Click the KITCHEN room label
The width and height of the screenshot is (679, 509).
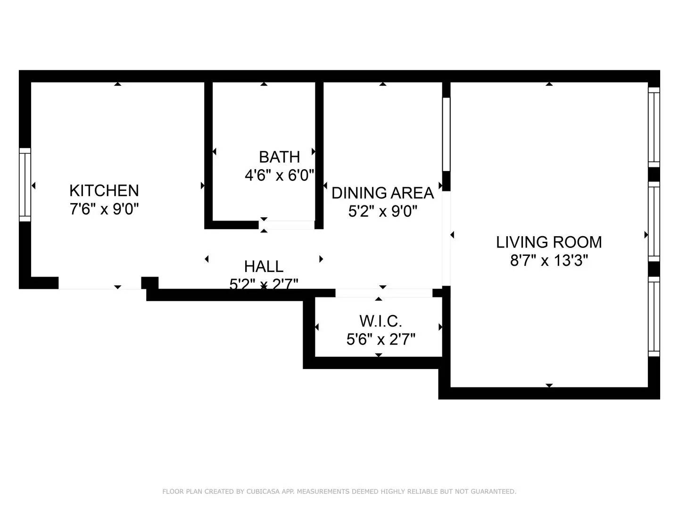104,190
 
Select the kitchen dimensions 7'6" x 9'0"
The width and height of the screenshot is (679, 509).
104,209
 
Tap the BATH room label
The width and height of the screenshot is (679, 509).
279,157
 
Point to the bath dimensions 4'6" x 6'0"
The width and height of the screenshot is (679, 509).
279,175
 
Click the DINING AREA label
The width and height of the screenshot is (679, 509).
382,193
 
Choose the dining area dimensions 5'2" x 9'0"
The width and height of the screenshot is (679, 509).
382,211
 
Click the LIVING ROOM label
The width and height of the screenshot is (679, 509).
549,242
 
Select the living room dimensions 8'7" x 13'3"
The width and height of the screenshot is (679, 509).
549,260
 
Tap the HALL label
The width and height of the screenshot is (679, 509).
264,266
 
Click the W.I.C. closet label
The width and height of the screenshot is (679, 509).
381,321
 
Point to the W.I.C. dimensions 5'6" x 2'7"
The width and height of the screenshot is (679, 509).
381,339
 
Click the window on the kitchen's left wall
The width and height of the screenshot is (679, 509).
25,185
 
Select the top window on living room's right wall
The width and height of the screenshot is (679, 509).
654,127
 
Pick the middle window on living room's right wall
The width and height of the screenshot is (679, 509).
654,222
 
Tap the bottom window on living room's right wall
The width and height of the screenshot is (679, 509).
654,316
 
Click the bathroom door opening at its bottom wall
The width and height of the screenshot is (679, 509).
287,225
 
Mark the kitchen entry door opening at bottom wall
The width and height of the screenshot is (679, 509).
99,283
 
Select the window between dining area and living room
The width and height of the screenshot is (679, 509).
446,134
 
